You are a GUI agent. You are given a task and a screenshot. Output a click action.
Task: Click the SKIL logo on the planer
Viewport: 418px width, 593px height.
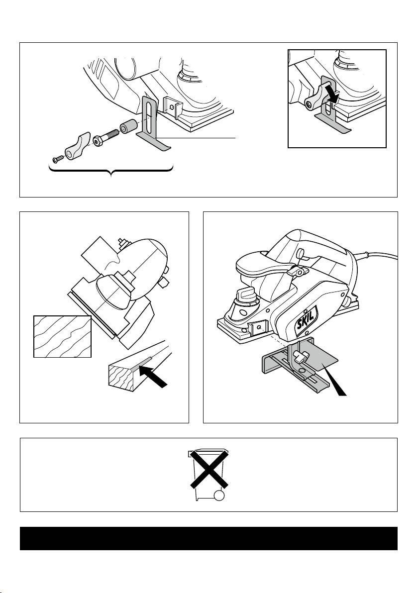(x=306, y=321)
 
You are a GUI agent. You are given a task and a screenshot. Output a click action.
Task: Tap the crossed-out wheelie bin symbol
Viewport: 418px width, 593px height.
(x=209, y=475)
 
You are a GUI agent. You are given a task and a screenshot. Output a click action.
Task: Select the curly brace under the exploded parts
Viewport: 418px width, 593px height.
(x=111, y=171)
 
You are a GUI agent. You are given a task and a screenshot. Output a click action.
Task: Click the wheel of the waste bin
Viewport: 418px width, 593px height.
(x=219, y=495)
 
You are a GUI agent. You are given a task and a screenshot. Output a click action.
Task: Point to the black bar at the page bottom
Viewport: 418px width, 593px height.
(x=209, y=538)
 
